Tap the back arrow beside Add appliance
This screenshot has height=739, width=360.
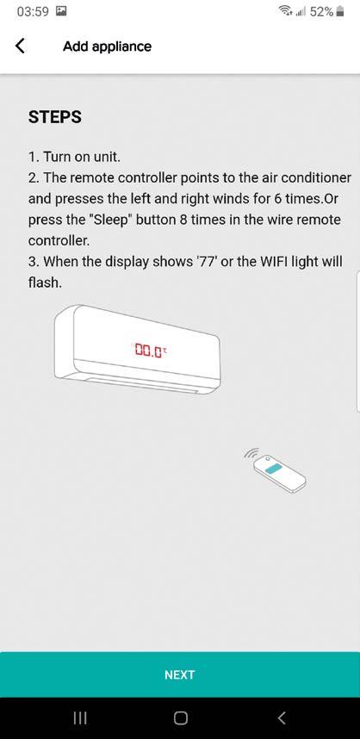[20, 47]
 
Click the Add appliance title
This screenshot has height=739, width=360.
[108, 47]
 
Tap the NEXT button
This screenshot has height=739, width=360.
[180, 674]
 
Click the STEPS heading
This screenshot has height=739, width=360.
[54, 117]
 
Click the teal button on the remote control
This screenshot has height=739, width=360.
[273, 468]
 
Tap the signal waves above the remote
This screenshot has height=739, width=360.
[251, 454]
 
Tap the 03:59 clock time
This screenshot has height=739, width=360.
[33, 12]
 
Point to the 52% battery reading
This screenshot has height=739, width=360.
[322, 12]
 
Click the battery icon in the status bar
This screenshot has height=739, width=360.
[340, 12]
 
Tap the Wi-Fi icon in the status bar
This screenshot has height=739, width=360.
[286, 11]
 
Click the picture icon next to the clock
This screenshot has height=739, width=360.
[61, 11]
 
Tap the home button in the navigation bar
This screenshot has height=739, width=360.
[181, 717]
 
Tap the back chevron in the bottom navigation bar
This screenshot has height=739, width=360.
[282, 717]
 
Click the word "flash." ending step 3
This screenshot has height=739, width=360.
[45, 283]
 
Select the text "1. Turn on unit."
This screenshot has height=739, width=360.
[74, 157]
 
